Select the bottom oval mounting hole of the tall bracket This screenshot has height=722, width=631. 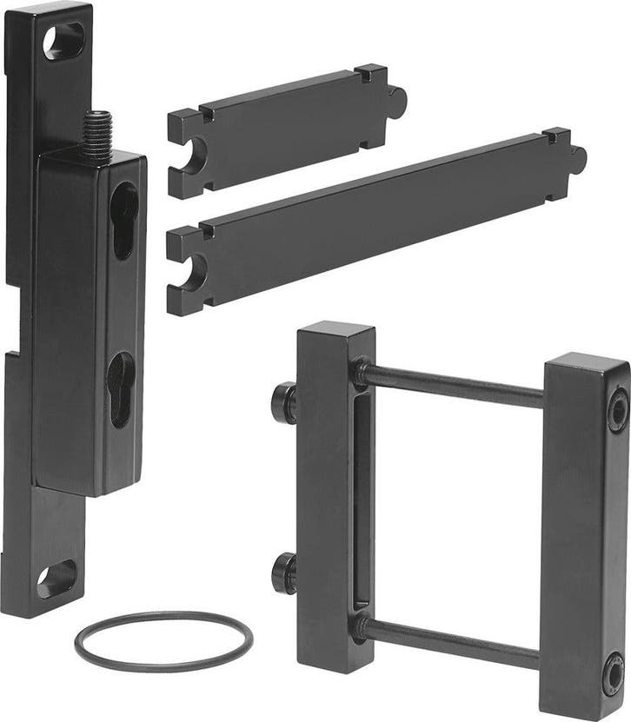coord(56,579)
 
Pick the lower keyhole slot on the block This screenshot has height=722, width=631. coord(120,389)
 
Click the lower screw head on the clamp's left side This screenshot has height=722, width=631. coord(283,574)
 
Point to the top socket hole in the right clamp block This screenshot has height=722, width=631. coord(617,409)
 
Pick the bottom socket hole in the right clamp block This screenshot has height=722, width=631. coord(614,673)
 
